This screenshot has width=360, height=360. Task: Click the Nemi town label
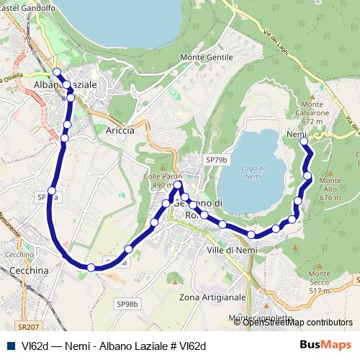(x=296, y=135)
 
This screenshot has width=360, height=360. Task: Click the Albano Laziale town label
(x=65, y=84)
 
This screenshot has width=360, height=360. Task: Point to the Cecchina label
(x=30, y=269)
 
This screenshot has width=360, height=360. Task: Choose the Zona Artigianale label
(x=212, y=297)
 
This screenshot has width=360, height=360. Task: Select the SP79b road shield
(x=216, y=159)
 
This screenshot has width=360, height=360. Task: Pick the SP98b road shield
(x=126, y=304)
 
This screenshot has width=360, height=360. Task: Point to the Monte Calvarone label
(x=316, y=117)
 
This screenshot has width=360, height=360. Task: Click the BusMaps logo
(x=325, y=345)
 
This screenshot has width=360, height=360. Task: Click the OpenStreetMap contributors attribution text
(x=297, y=323)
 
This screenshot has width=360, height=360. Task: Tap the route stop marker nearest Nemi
(x=303, y=142)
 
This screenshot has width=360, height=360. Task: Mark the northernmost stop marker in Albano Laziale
(x=57, y=71)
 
